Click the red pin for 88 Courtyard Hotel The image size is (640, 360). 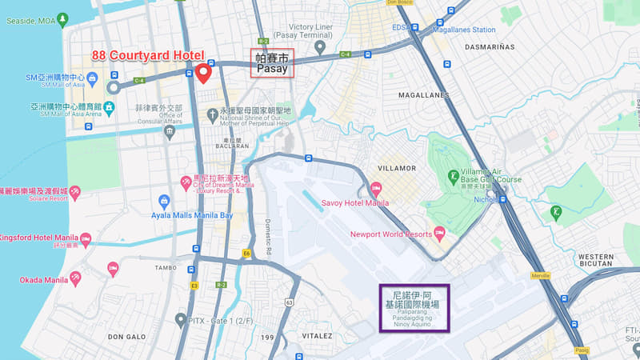click(x=203, y=73)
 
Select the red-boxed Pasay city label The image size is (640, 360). click(x=272, y=63)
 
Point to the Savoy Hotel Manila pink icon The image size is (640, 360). click(x=376, y=188)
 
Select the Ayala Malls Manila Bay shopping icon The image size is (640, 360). click(x=164, y=201)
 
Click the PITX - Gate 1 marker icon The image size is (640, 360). click(x=181, y=320)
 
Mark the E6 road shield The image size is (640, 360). click(x=246, y=254)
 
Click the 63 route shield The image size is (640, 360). click(x=289, y=302)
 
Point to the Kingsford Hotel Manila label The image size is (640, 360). click(x=37, y=238)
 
